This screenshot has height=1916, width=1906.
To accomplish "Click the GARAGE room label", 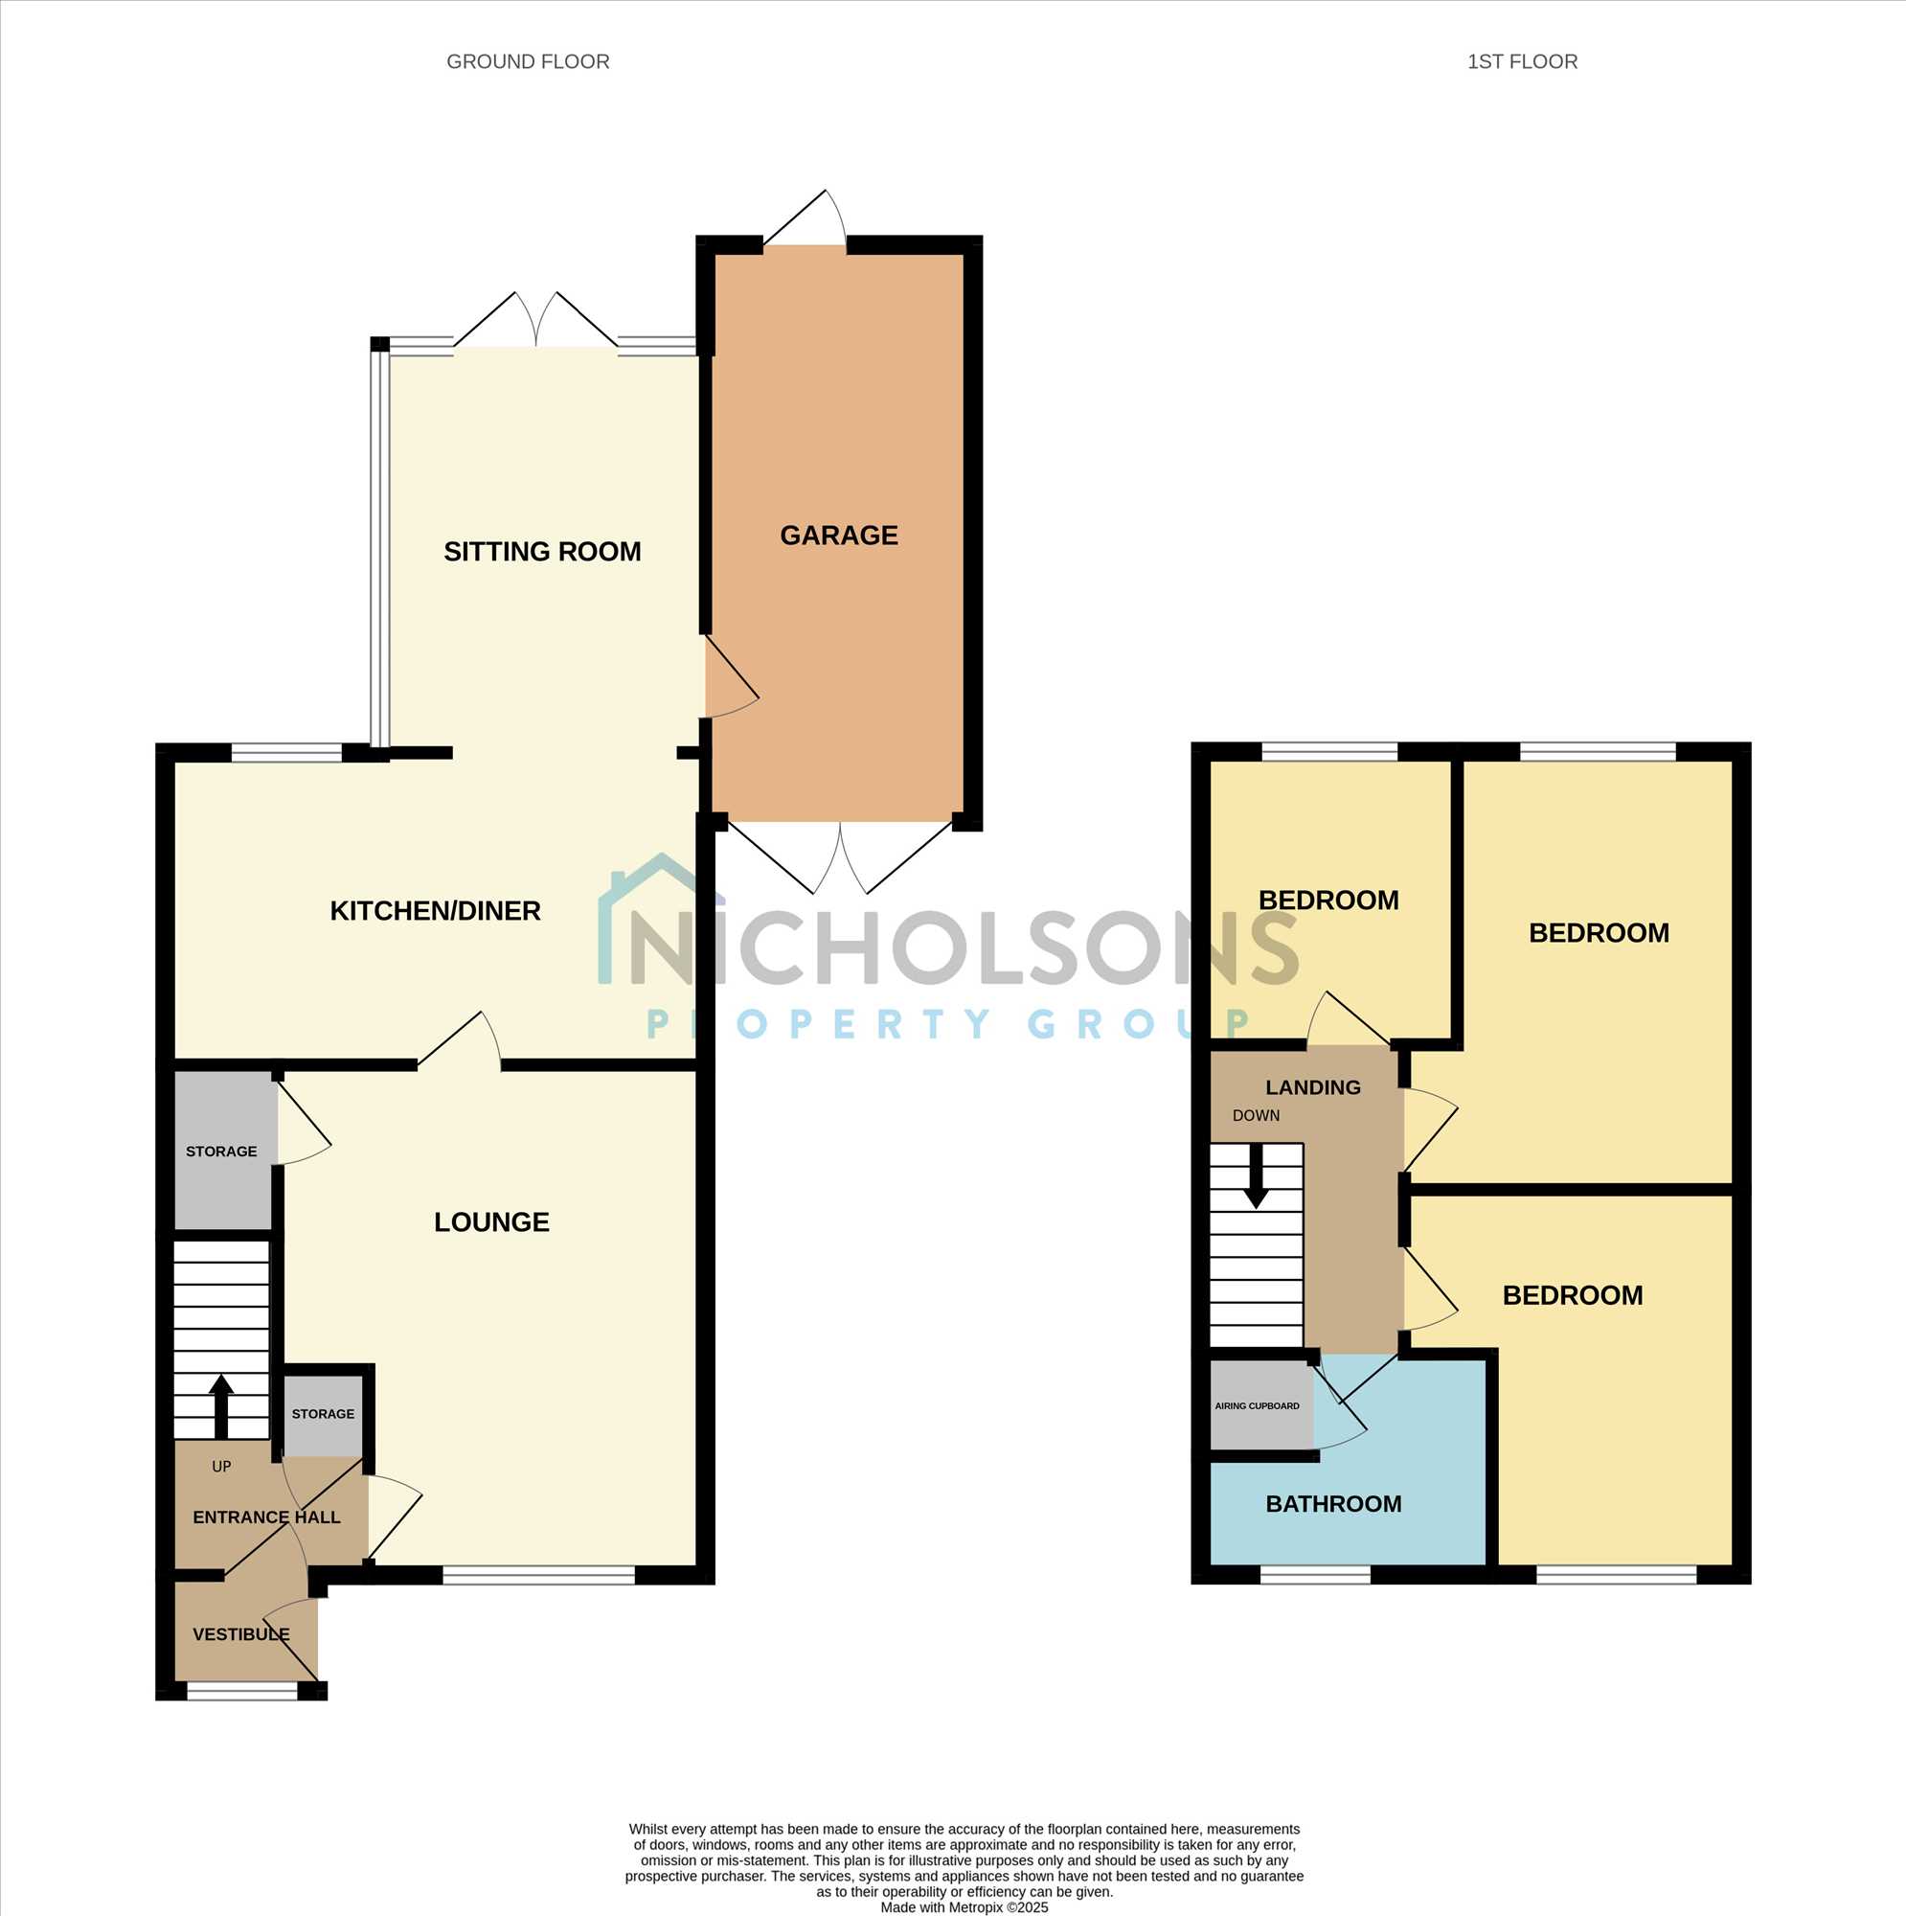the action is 839,536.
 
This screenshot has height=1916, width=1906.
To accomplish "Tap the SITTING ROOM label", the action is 542,552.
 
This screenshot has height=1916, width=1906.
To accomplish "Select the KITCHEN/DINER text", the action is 436,910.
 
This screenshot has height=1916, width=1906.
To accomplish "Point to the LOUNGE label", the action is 492,1221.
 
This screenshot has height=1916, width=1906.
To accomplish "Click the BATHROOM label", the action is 1334,1503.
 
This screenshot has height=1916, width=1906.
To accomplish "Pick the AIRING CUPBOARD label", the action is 1257,1405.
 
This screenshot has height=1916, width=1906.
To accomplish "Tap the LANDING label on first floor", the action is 1313,1087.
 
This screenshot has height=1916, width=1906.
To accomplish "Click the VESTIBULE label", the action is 241,1634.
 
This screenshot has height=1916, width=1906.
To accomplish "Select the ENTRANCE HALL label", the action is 267,1517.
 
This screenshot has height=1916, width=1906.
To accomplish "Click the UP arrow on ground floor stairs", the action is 221,1406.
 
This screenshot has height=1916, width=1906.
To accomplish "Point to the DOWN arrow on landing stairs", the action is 1257,1176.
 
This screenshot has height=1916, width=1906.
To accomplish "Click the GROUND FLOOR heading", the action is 528,61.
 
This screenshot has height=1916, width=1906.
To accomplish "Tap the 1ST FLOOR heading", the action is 1522,61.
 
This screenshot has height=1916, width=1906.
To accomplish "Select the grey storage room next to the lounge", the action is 223,1151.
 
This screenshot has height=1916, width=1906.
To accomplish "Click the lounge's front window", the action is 538,1574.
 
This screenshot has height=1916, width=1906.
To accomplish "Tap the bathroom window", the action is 1315,1574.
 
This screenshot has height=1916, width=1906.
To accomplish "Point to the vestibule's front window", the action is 242,1691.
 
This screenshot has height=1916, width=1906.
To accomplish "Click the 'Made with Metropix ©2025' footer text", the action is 964,1907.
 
